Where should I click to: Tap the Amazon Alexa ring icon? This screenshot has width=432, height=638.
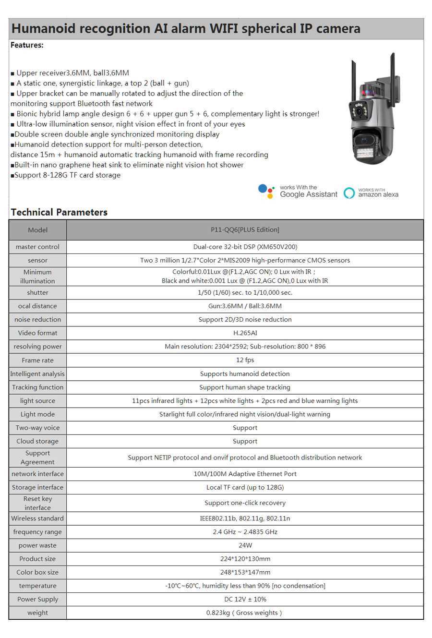[x=349, y=193]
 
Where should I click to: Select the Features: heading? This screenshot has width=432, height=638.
[x=27, y=45]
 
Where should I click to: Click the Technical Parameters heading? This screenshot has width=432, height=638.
[x=59, y=212]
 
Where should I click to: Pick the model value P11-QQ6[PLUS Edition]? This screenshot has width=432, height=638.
[x=245, y=230]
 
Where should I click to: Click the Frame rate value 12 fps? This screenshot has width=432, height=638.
[x=245, y=360]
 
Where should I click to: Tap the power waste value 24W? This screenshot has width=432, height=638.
[x=245, y=545]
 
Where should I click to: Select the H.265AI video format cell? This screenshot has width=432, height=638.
[x=245, y=333]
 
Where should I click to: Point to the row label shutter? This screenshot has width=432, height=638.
[x=37, y=292]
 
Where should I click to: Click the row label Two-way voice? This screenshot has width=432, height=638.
[x=37, y=428]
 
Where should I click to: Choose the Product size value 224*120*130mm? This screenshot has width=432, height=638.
[x=245, y=559]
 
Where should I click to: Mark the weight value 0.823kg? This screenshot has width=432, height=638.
[x=244, y=613]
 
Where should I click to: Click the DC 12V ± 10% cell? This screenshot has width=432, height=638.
[x=245, y=599]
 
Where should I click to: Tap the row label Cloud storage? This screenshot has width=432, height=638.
[x=37, y=441]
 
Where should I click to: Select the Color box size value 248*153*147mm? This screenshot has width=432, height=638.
[x=245, y=572]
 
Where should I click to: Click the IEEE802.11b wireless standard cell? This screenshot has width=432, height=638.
[x=245, y=518]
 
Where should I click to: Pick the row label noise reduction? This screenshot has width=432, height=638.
[x=37, y=319]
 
